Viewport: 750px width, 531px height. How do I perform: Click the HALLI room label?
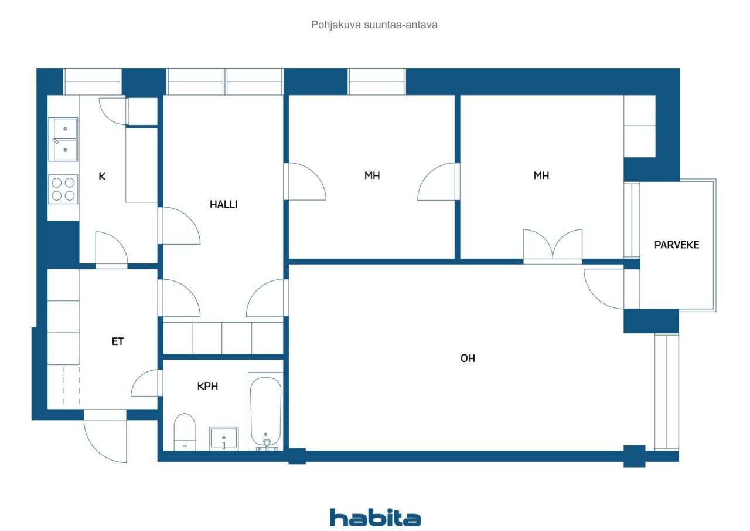[x=223, y=204]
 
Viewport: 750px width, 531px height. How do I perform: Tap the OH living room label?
[x=468, y=358]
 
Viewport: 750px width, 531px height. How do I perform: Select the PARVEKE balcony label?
[x=677, y=245]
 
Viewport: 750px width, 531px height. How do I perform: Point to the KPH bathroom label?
[x=207, y=386]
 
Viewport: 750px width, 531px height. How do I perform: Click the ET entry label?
[x=118, y=341]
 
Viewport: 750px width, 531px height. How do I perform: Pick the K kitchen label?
[x=102, y=176]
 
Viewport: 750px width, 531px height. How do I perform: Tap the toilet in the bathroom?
[x=185, y=432]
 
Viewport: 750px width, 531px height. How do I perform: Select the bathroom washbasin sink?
[x=224, y=438]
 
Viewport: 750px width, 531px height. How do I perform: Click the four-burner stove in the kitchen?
[x=63, y=189]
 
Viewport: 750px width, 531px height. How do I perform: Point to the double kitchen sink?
[x=63, y=139]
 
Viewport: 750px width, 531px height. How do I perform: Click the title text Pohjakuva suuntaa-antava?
[x=374, y=25]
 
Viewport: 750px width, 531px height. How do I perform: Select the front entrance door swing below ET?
[x=105, y=436]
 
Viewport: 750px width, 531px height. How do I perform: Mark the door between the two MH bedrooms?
[x=439, y=182]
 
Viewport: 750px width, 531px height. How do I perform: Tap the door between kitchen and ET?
[x=111, y=250]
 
